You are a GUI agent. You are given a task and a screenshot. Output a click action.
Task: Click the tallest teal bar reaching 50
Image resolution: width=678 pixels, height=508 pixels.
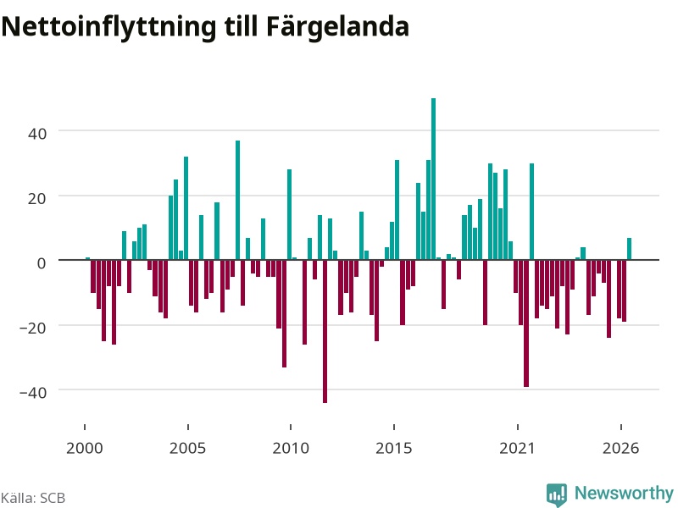pyautogui.click(x=433, y=179)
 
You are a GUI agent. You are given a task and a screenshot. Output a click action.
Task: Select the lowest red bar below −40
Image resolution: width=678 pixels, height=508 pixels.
pyautogui.click(x=325, y=331)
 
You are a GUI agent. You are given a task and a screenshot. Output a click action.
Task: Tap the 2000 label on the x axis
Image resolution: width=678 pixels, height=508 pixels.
pyautogui.click(x=84, y=448)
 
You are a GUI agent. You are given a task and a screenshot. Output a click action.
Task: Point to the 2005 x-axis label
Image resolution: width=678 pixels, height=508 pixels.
pyautogui.click(x=187, y=448)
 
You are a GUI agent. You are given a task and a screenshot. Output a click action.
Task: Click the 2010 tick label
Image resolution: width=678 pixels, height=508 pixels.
pyautogui.click(x=291, y=448)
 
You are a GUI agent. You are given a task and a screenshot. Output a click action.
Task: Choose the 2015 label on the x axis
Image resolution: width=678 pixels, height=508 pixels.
pyautogui.click(x=394, y=448)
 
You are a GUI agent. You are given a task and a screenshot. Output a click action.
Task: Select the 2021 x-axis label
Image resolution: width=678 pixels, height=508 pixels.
pyautogui.click(x=517, y=448)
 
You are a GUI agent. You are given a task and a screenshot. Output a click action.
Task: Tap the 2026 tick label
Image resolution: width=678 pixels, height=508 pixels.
pyautogui.click(x=620, y=448)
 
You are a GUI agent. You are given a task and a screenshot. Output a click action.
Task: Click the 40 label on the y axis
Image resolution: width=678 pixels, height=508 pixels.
pyautogui.click(x=37, y=134)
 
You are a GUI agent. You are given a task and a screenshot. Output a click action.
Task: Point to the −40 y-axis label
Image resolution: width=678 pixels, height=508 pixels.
pyautogui.click(x=33, y=393)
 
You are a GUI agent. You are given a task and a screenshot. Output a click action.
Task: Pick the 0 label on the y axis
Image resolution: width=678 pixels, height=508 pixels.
pyautogui.click(x=42, y=263)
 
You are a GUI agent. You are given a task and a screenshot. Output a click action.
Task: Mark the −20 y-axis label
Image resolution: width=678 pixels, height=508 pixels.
pyautogui.click(x=33, y=328)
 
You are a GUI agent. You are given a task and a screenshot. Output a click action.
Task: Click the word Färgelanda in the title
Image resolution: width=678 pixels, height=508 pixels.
pyautogui.click(x=337, y=28)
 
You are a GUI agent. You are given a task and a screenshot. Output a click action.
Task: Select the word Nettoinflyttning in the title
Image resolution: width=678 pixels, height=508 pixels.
pyautogui.click(x=108, y=28)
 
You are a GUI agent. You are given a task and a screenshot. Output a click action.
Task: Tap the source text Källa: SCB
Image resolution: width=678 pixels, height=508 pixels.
pyautogui.click(x=33, y=498)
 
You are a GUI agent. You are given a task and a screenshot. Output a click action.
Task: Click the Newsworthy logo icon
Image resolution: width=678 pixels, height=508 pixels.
pyautogui.click(x=557, y=494)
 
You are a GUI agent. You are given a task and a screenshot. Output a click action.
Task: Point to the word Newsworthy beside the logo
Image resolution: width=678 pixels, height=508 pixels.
pyautogui.click(x=624, y=493)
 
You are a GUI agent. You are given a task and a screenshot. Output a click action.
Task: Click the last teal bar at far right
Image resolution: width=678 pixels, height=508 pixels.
pyautogui.click(x=629, y=249)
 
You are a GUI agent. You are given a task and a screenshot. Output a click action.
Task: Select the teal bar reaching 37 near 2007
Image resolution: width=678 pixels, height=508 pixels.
pyautogui.click(x=237, y=200)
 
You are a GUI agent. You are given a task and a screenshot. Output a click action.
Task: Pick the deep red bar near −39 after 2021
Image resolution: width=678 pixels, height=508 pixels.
pyautogui.click(x=526, y=323)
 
